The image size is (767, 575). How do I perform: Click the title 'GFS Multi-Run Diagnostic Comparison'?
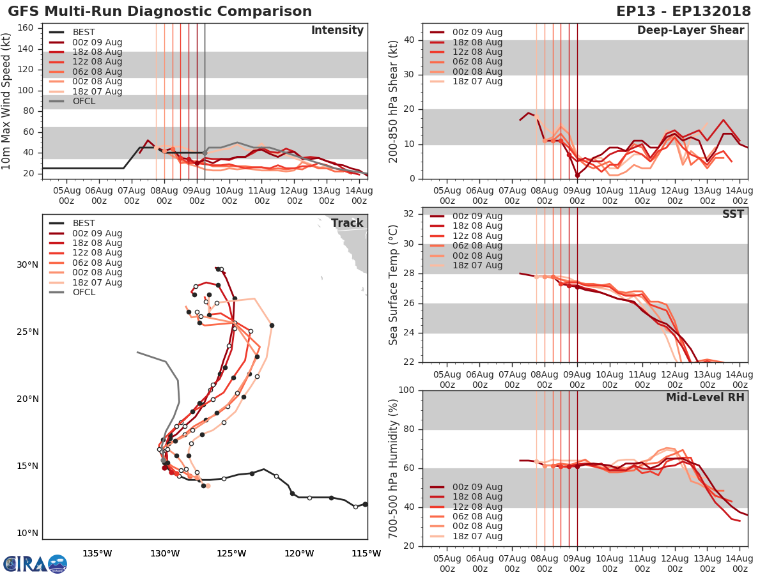click(160, 11)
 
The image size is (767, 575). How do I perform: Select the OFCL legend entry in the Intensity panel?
click(84, 101)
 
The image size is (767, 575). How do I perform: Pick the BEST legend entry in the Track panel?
click(83, 224)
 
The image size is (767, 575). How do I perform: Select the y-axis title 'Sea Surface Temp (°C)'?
click(394, 285)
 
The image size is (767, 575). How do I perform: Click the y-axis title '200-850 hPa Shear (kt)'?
click(394, 101)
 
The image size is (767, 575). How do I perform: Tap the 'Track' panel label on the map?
click(347, 223)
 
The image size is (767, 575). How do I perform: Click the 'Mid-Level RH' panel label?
click(705, 397)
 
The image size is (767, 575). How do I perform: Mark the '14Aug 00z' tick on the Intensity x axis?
click(359, 195)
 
